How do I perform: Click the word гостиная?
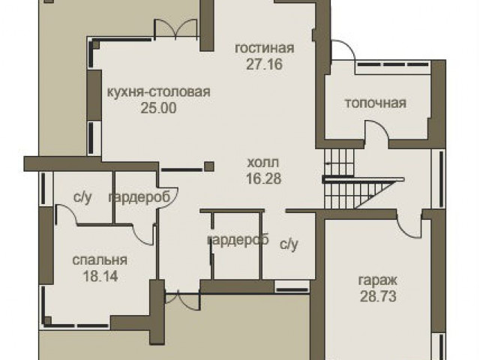pyautogui.click(x=265, y=48)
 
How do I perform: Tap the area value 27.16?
pyautogui.click(x=264, y=64)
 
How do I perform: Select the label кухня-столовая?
pyautogui.click(x=158, y=91)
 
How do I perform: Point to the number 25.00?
pyautogui.click(x=158, y=108)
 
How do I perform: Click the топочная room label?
pyautogui.click(x=376, y=103)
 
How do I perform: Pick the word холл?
pyautogui.click(x=263, y=163)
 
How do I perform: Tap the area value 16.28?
pyautogui.click(x=263, y=178)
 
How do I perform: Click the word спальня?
pyautogui.click(x=100, y=260)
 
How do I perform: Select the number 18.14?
pyautogui.click(x=100, y=277)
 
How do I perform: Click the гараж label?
pyautogui.click(x=378, y=280)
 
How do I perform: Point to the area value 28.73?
pyautogui.click(x=378, y=296)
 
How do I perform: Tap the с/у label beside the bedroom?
pyautogui.click(x=82, y=198)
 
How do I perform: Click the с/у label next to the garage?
pyautogui.click(x=289, y=244)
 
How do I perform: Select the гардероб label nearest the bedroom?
pyautogui.click(x=139, y=198)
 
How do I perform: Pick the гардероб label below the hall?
pyautogui.click(x=238, y=240)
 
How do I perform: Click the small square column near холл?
pyautogui.click(x=209, y=166)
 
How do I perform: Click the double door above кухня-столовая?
pyautogui.click(x=175, y=29)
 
